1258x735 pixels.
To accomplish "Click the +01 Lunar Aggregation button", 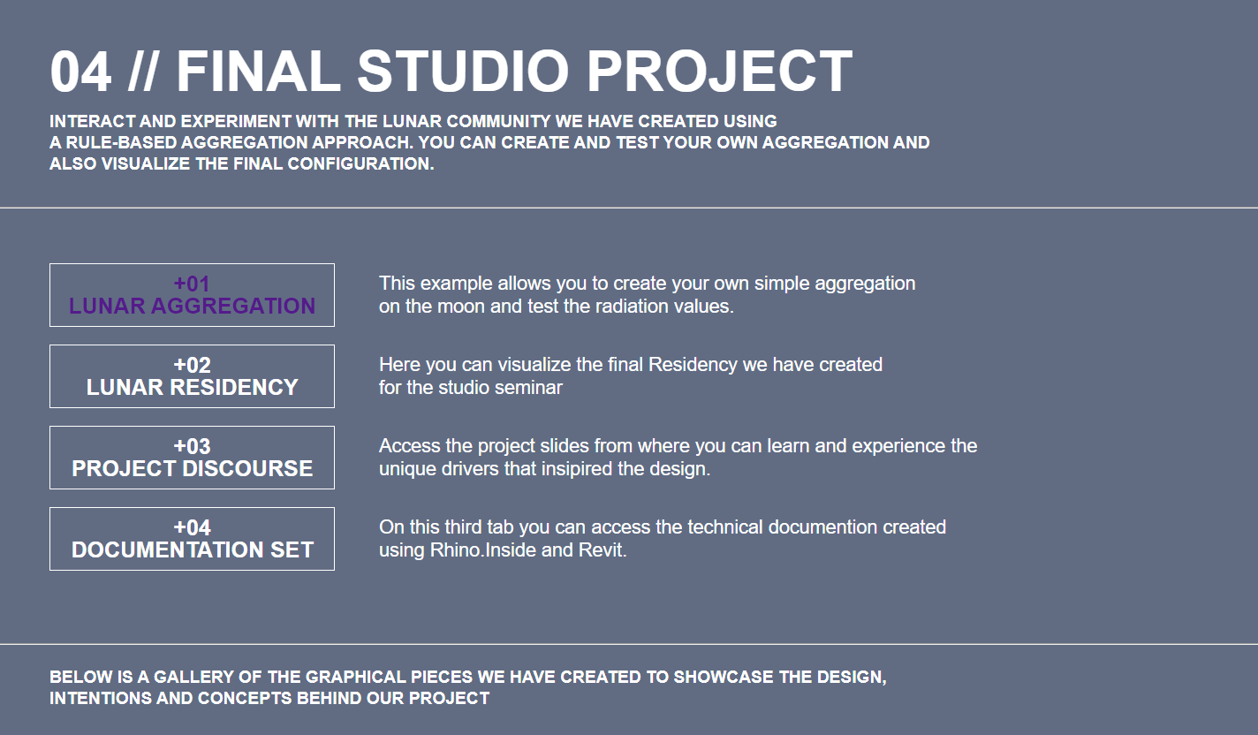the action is [192, 295].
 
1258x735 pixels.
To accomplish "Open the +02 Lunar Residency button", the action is [192, 376].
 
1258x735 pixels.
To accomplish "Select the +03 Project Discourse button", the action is [192, 458].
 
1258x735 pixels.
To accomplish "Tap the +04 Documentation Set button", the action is [192, 539].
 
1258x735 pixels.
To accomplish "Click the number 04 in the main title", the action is [80, 72].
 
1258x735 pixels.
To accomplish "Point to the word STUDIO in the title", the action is [463, 72].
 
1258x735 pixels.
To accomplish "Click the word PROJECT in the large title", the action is [719, 72].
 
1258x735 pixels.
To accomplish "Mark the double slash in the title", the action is [142, 72].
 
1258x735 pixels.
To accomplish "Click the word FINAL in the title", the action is [259, 72].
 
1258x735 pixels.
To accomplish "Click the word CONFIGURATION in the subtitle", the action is [360, 164].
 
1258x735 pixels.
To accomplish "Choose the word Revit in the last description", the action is [602, 550].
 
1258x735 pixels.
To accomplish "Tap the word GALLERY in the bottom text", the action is [193, 678].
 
